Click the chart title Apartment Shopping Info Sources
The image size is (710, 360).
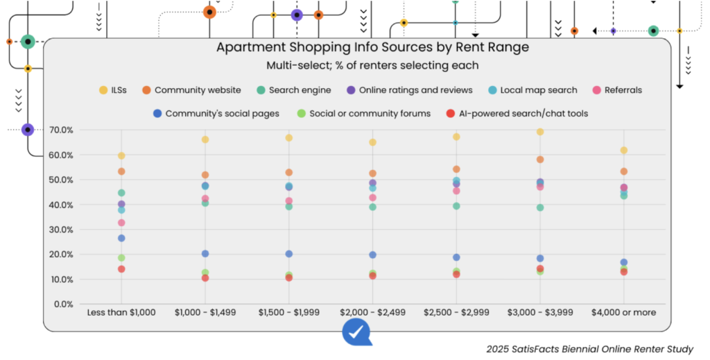(x=372, y=47)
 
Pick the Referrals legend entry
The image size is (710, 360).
(x=623, y=90)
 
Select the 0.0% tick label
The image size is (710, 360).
(x=64, y=304)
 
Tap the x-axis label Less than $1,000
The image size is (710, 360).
(x=121, y=313)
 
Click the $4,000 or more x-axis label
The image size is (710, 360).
(x=623, y=313)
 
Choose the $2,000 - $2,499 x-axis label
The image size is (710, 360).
(x=372, y=313)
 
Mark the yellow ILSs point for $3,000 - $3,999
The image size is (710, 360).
(x=539, y=132)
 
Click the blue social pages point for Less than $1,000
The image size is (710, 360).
(x=121, y=238)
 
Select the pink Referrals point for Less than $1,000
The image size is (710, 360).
(x=121, y=223)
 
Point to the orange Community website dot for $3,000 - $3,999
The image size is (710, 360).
(x=539, y=160)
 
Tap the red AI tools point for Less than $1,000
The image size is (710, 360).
(x=121, y=269)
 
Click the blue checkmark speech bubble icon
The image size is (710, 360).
(x=356, y=333)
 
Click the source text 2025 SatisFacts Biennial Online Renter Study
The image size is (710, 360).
(x=590, y=349)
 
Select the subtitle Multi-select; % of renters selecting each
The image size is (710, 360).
(x=372, y=65)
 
